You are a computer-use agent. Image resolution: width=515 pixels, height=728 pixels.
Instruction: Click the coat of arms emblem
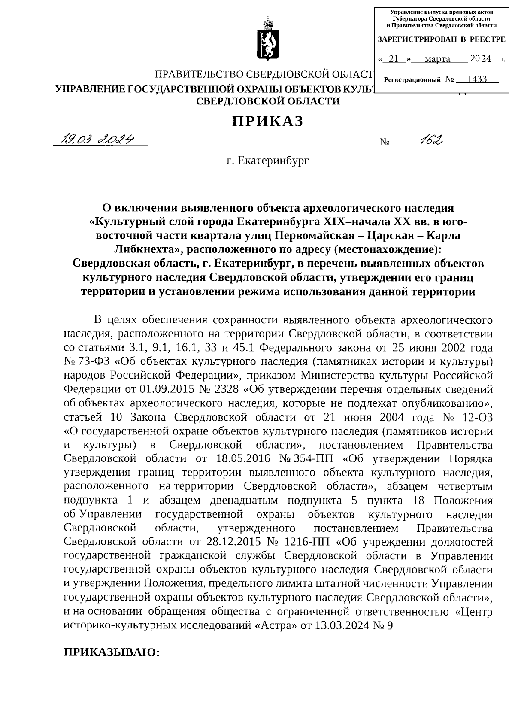(266, 40)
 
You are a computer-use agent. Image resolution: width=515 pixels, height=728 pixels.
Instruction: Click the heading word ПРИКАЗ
(268, 121)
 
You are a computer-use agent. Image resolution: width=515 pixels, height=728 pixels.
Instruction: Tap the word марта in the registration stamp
(437, 59)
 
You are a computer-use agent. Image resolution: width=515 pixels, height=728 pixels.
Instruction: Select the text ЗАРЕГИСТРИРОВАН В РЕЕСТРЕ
(441, 39)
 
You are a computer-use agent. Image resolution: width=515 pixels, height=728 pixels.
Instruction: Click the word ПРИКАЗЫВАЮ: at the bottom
(112, 652)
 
